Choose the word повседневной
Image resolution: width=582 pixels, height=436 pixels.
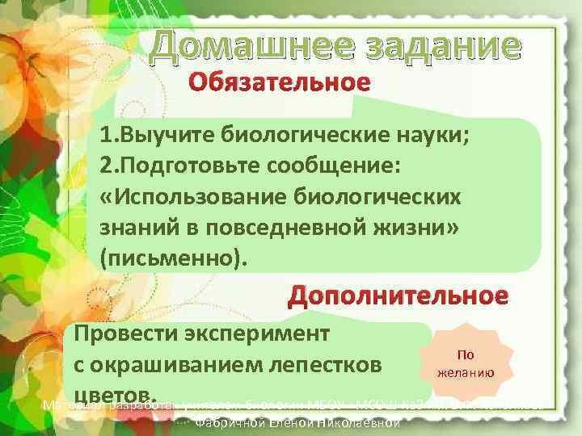click(x=280, y=229)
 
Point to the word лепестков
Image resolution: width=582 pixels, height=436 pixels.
click(x=339, y=365)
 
